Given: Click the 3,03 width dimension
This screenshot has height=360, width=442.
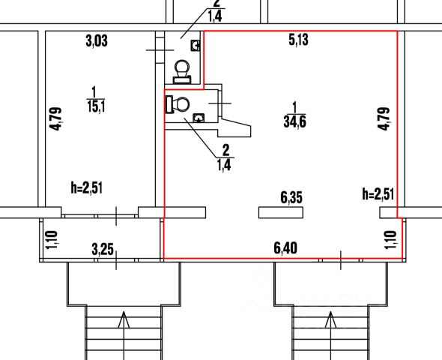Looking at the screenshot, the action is pyautogui.click(x=97, y=41).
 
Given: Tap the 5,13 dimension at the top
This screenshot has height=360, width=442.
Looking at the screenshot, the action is pyautogui.click(x=298, y=40).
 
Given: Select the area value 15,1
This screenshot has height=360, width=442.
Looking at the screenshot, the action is pyautogui.click(x=96, y=106).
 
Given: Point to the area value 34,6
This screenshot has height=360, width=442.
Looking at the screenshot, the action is pyautogui.click(x=295, y=121).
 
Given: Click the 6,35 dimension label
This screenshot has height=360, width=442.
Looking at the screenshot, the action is pyautogui.click(x=291, y=197).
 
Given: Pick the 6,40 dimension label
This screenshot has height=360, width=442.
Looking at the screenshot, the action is pyautogui.click(x=285, y=248).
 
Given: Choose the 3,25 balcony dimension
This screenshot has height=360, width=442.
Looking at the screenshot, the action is pyautogui.click(x=103, y=250).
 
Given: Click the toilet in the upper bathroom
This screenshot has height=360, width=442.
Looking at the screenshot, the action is pyautogui.click(x=182, y=72).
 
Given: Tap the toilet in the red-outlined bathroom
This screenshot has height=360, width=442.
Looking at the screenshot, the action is pyautogui.click(x=178, y=104).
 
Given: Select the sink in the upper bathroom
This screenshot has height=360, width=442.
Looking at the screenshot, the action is pyautogui.click(x=196, y=45).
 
